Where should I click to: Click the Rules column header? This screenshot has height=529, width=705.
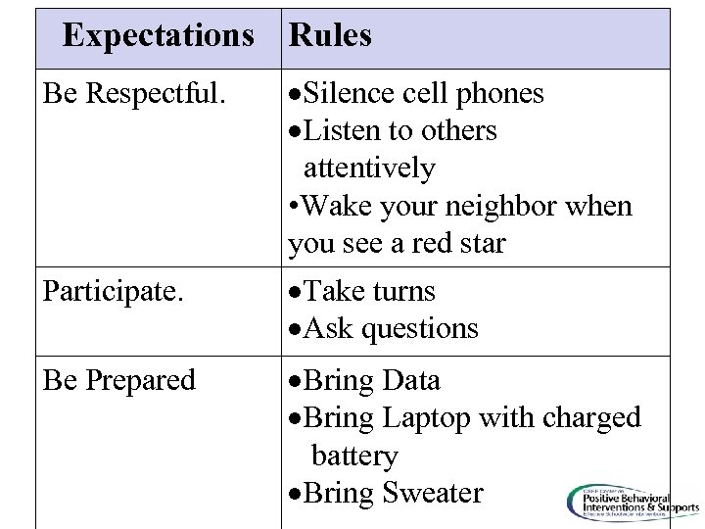coord(330,36)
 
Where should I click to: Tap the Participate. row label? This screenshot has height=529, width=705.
coord(105,292)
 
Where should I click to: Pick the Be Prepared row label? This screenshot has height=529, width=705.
coord(118,380)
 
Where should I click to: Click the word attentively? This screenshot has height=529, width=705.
coord(369,168)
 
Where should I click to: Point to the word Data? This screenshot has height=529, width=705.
coord(412,380)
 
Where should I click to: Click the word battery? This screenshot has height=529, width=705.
coord(354,456)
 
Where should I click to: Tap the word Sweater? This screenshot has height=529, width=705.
coord(430,492)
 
